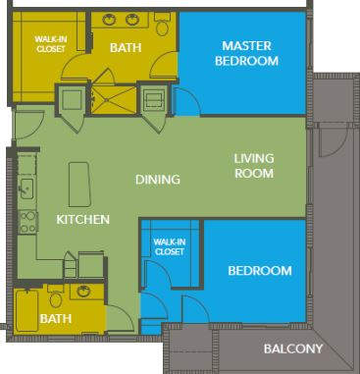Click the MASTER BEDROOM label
coord(249,53)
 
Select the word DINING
coord(158,180)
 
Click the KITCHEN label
coord(82,220)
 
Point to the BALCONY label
coord(292,349)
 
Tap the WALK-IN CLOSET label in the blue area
coord(169,246)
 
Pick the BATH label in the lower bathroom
coord(55,319)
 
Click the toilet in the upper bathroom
coord(162,24)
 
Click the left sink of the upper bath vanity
coord(109,20)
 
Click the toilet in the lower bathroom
coord(56,297)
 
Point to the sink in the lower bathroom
coord(84,292)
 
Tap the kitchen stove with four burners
coord(26,221)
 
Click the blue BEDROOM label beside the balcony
coord(260,271)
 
